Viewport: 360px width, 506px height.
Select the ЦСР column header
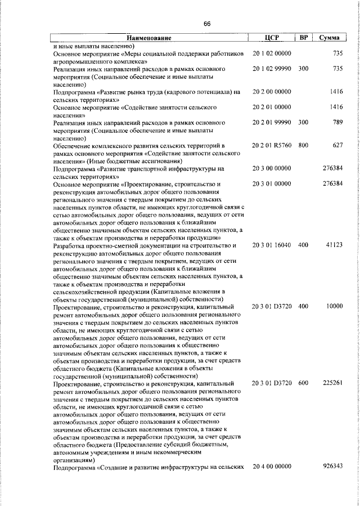272,38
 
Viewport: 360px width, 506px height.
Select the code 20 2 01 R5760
272,145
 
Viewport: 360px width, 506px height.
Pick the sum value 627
337,145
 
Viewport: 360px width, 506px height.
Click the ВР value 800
303,145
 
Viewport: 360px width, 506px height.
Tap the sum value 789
337,122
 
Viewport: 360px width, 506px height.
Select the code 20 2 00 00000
272,91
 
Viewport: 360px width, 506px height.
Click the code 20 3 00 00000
272,168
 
